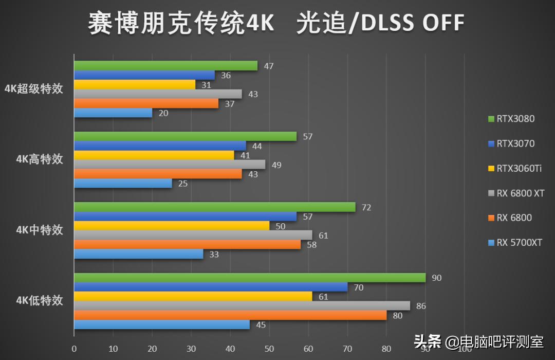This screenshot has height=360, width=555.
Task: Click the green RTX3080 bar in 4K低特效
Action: click(250, 278)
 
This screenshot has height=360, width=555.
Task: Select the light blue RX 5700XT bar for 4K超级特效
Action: click(113, 113)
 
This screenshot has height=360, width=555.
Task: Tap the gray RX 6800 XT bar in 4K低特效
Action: click(242, 306)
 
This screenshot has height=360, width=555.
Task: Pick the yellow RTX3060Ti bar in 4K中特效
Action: click(172, 226)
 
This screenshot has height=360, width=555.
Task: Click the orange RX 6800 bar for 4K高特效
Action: click(158, 174)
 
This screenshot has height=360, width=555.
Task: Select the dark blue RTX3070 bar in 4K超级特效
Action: click(144, 75)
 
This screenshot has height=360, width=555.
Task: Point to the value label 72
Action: click(367, 207)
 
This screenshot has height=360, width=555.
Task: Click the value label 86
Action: click(421, 306)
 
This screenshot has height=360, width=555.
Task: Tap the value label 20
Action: click(163, 113)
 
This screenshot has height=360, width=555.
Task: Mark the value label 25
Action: click(183, 184)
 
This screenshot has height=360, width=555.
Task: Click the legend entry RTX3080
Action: click(515, 119)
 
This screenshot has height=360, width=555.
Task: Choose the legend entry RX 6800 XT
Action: click(520, 193)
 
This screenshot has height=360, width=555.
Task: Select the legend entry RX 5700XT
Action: click(519, 242)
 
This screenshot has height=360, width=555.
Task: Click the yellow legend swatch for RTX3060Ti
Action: click(491, 169)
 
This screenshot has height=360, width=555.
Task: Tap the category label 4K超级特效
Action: click(33, 89)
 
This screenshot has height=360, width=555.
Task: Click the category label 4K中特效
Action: click(40, 230)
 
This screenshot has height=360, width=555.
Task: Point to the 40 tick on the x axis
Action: click(230, 349)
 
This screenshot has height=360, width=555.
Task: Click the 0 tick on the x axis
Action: click(74, 349)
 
